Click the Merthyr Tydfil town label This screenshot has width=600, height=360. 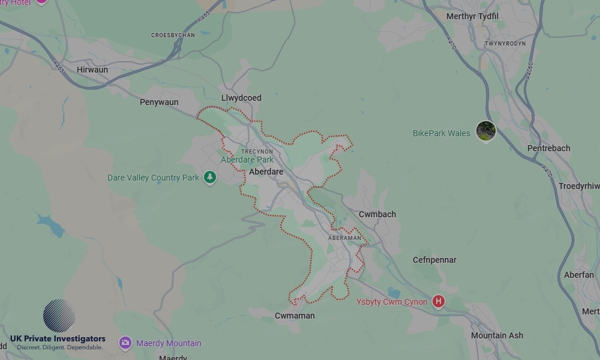click(x=472, y=16)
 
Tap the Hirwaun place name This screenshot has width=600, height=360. click(x=92, y=70)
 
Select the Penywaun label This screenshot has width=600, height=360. click(x=159, y=102)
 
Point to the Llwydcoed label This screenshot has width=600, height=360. click(x=241, y=98)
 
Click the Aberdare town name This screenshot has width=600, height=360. click(x=266, y=172)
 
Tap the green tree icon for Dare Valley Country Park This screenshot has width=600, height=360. click(x=209, y=178)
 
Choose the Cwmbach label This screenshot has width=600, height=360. click(x=377, y=214)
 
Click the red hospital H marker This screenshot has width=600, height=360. click(x=439, y=301)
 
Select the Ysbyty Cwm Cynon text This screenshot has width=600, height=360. click(x=392, y=302)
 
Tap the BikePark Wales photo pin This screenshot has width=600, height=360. click(x=485, y=130)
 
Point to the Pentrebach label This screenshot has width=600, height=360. click(x=548, y=148)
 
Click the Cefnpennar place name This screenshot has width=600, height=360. click(x=434, y=260)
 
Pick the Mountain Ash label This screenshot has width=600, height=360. click(x=497, y=335)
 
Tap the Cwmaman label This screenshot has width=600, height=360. click(x=295, y=316)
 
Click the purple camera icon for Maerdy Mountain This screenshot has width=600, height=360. click(x=125, y=343)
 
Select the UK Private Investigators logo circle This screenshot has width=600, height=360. click(x=59, y=316)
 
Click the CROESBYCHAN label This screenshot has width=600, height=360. click(x=173, y=35)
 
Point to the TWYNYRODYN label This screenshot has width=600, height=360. click(x=505, y=44)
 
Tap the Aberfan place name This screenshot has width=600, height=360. click(x=579, y=275)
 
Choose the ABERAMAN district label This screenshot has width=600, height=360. click(x=345, y=238)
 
